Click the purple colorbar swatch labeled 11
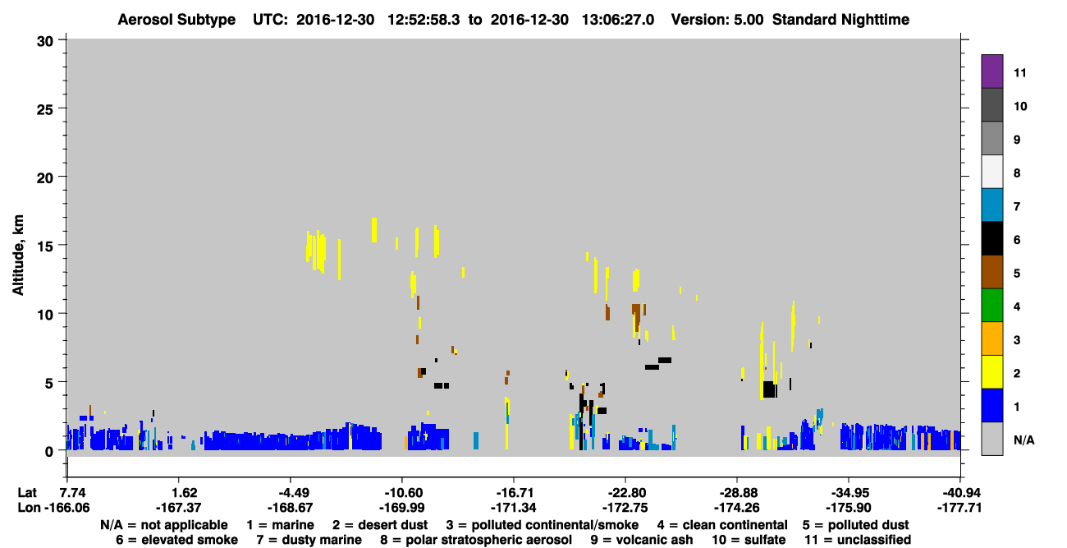(991, 71)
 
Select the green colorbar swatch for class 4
(991, 306)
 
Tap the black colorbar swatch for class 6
(991, 238)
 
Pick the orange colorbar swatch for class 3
(991, 338)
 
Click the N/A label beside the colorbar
(1023, 440)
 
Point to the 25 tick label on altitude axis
(45, 110)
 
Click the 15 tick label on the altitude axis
(45, 246)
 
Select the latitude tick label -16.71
(515, 493)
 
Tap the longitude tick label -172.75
(625, 508)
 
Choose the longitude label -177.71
(959, 508)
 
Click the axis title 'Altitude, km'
(18, 256)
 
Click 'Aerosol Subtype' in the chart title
(176, 20)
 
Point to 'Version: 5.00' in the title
(717, 20)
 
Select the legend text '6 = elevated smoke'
(176, 540)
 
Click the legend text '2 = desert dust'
(380, 525)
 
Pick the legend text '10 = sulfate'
(749, 540)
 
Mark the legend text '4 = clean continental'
(722, 525)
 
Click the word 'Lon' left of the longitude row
(29, 508)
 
